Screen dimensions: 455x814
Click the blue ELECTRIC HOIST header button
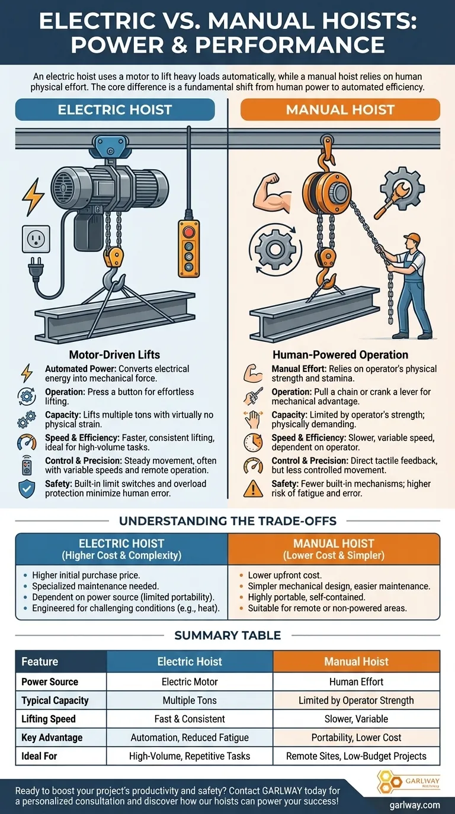[x=115, y=110]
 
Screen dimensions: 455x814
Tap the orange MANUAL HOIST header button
[x=340, y=110]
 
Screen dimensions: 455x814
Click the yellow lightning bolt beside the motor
[x=33, y=196]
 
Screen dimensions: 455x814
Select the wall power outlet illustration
[x=36, y=239]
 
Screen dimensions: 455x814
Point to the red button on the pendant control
[x=188, y=231]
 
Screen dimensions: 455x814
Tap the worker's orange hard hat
[x=412, y=238]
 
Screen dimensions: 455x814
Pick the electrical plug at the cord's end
[x=36, y=269]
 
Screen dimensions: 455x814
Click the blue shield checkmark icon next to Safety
[x=27, y=489]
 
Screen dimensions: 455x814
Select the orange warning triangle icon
[x=253, y=489]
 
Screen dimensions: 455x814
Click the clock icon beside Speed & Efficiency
[x=253, y=442]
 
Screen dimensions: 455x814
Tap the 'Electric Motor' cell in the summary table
[x=190, y=681]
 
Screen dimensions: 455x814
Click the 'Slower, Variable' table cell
[x=356, y=719]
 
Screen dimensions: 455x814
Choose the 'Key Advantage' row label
[x=52, y=738]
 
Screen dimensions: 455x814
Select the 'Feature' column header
[x=40, y=661]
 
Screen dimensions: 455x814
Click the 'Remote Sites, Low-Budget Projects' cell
[x=356, y=756]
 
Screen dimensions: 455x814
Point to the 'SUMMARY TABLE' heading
[x=227, y=635]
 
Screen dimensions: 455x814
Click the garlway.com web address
[x=415, y=805]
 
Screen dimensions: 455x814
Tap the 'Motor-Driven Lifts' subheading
[x=115, y=355]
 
